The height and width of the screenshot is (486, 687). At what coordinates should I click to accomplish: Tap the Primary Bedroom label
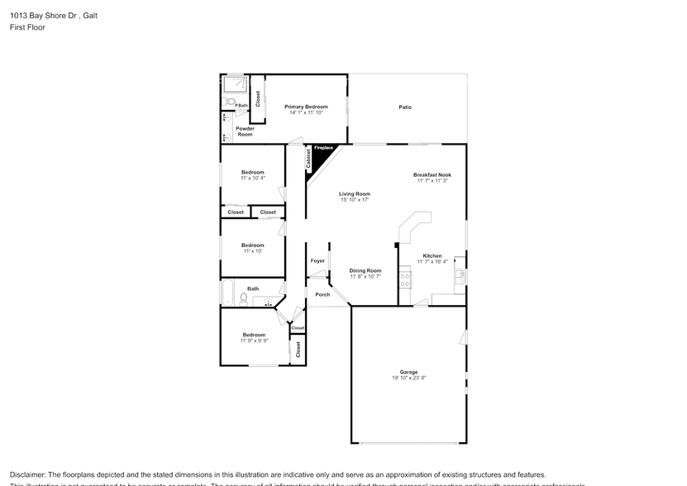point(306,107)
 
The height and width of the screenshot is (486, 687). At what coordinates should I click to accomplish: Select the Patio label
point(405,107)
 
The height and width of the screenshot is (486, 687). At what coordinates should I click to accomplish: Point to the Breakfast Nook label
point(431,174)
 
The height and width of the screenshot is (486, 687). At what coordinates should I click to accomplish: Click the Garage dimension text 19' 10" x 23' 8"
point(408,378)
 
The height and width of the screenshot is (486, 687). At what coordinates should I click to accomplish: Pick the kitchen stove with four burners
point(406,279)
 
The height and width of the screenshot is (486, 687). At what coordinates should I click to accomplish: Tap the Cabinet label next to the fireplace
point(308,160)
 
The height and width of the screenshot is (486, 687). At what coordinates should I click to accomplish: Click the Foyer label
point(317,261)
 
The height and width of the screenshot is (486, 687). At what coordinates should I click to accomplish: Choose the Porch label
point(322,294)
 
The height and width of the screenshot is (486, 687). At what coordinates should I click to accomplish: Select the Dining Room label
point(365,270)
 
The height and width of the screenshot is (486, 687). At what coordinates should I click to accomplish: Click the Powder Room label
point(245,131)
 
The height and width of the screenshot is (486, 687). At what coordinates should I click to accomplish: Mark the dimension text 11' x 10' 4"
point(252,178)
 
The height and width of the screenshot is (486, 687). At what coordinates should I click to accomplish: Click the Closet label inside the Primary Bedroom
point(258,99)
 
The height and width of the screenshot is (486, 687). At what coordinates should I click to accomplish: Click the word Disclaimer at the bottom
point(29,474)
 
